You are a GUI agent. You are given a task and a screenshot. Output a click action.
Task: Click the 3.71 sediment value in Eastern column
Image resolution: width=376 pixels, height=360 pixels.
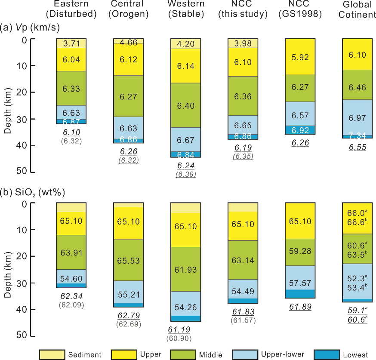71,43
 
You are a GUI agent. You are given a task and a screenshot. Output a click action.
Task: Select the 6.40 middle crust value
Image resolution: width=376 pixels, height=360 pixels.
185,106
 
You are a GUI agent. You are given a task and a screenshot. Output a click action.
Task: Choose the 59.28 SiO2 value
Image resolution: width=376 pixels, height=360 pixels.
300,251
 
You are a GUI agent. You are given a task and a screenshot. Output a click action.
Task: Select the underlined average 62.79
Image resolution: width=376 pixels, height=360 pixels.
128,316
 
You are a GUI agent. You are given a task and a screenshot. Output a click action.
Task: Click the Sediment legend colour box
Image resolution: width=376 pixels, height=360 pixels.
52,354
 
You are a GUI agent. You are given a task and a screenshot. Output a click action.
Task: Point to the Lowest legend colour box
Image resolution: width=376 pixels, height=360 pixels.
326,354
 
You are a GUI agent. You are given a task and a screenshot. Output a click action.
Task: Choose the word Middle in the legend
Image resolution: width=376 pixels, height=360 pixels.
210,355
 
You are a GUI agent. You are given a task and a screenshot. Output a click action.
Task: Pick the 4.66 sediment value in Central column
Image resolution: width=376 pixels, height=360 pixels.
129,42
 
